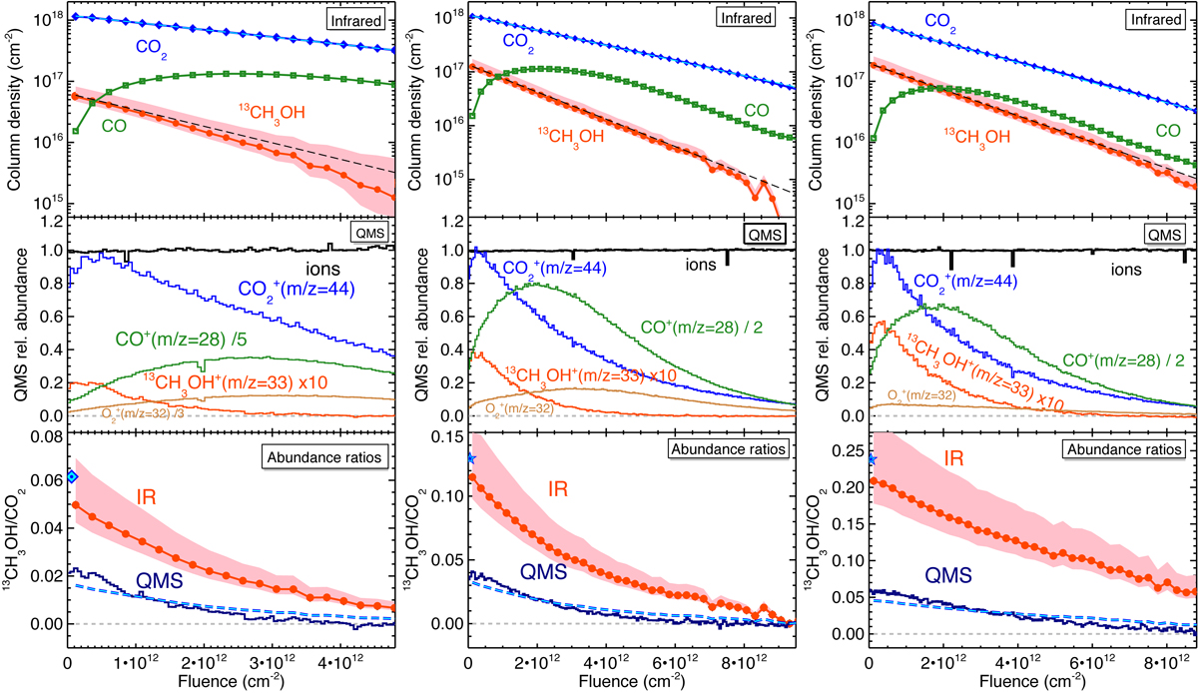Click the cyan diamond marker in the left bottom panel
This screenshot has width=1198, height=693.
pos(70,476)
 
